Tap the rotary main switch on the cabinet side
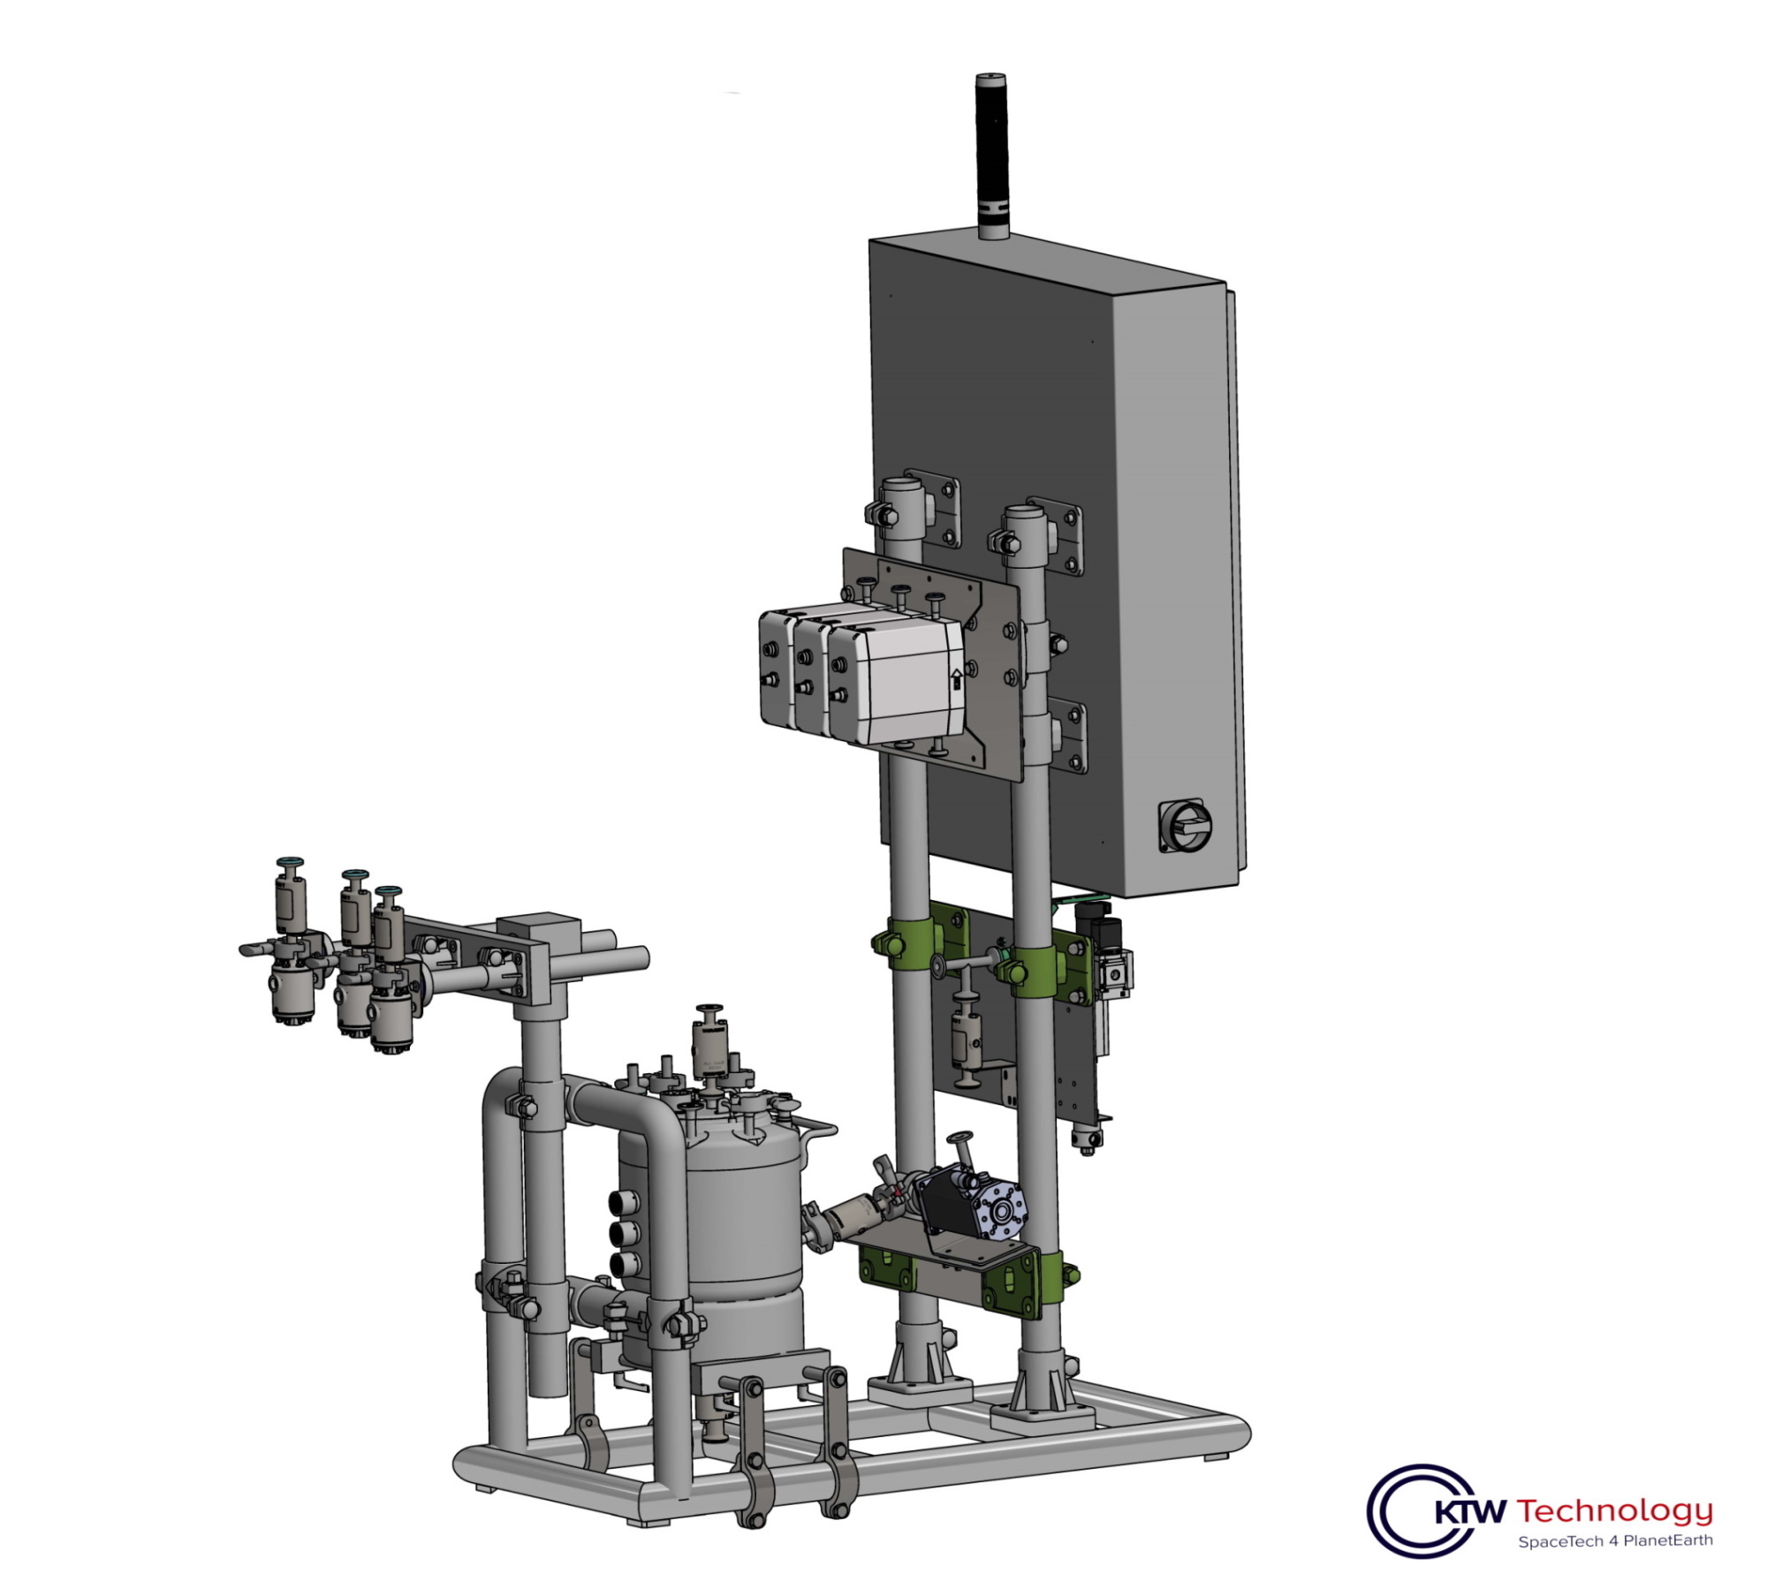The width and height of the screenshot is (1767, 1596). [1186, 826]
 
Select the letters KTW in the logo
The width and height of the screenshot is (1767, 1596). [1468, 1511]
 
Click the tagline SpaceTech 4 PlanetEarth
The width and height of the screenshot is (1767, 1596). [1615, 1541]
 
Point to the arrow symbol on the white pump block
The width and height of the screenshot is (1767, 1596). [956, 678]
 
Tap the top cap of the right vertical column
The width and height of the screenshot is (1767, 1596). [1025, 513]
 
